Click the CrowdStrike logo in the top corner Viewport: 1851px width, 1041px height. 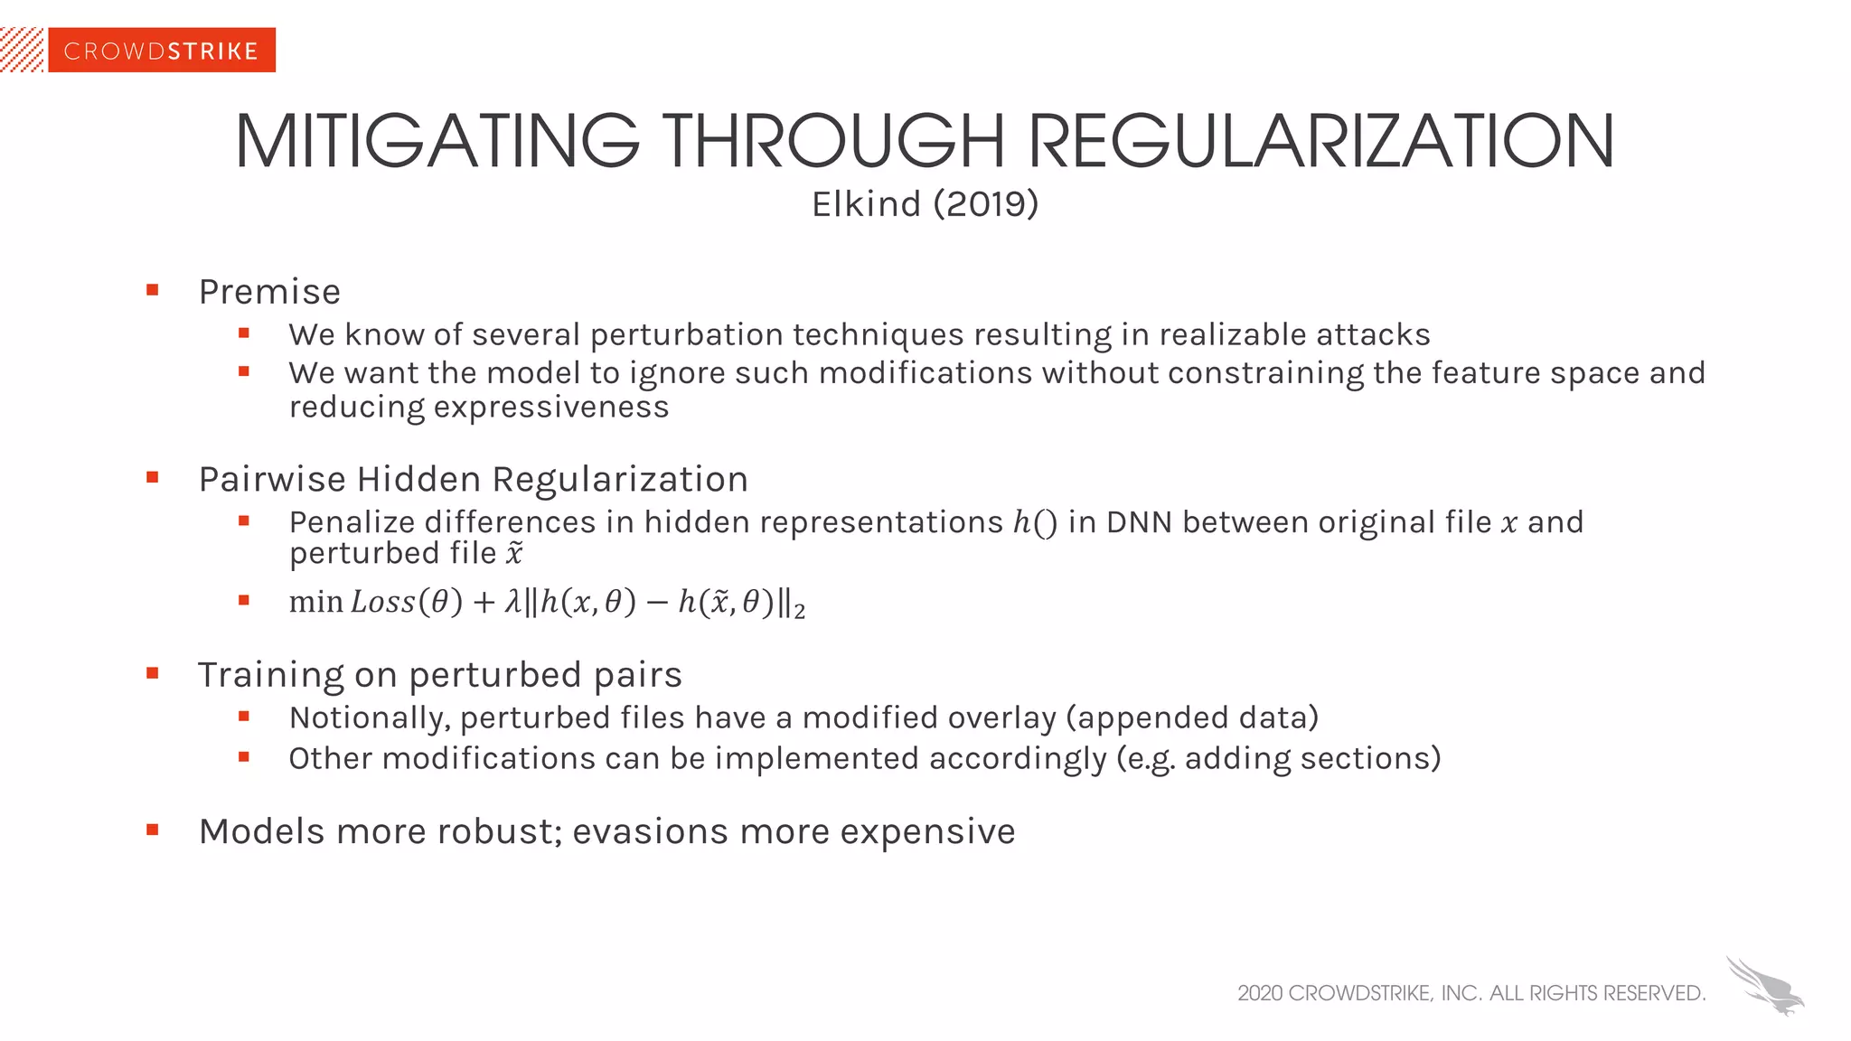click(161, 51)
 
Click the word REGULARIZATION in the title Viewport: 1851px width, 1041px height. click(1320, 142)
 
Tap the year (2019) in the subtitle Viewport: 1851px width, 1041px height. click(986, 204)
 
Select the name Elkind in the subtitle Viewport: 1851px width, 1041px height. click(866, 204)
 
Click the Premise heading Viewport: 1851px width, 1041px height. click(269, 292)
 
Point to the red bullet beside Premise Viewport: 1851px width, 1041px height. click(153, 290)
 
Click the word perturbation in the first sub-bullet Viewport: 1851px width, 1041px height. click(686, 335)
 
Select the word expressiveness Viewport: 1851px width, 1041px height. click(551, 408)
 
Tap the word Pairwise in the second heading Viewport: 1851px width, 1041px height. click(272, 479)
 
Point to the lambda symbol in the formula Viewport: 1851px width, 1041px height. click(512, 602)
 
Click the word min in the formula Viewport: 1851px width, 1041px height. click(315, 602)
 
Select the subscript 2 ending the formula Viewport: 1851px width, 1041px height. click(799, 612)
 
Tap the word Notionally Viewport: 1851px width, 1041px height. click(370, 717)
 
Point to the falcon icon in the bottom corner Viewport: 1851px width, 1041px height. click(1765, 986)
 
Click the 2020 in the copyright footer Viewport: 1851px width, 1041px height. click(1260, 993)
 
